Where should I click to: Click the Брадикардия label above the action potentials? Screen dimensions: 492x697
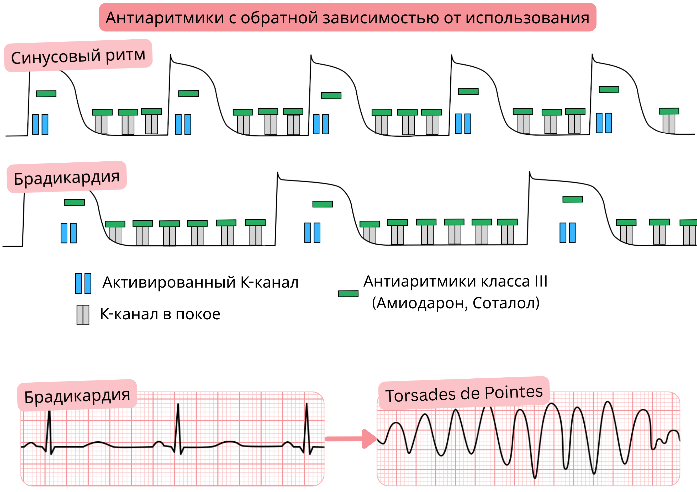[66, 177]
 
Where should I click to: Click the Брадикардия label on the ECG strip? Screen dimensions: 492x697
[77, 395]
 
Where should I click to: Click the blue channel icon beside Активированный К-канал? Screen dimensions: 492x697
[83, 283]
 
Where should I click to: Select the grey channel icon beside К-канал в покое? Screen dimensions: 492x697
[83, 315]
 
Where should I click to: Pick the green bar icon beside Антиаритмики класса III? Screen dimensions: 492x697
[348, 294]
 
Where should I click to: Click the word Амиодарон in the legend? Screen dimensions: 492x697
[420, 303]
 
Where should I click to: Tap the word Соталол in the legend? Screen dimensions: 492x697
[505, 303]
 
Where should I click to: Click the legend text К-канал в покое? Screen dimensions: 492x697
[160, 314]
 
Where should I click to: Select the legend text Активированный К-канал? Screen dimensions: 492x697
[200, 282]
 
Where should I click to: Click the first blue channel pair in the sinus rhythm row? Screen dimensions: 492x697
[40, 124]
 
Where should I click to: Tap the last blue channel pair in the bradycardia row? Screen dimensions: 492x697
[567, 233]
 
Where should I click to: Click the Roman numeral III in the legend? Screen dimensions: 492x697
[541, 281]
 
